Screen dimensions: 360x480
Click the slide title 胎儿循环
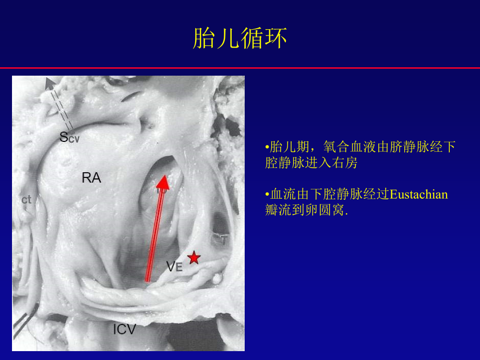pyautogui.click(x=239, y=40)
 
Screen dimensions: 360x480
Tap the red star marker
pyautogui.click(x=194, y=257)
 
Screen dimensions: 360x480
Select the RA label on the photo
pyautogui.click(x=91, y=178)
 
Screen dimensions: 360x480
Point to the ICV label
pyautogui.click(x=125, y=329)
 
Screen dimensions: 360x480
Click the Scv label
pyautogui.click(x=69, y=137)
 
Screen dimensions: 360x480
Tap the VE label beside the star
pyautogui.click(x=174, y=267)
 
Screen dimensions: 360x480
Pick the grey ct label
pyautogui.click(x=27, y=199)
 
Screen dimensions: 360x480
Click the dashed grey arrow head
pyautogui.click(x=49, y=82)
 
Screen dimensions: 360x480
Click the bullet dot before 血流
pyautogui.click(x=267, y=195)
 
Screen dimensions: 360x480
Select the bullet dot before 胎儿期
pyautogui.click(x=267, y=147)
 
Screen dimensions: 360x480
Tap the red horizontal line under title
pyautogui.click(x=240, y=68)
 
